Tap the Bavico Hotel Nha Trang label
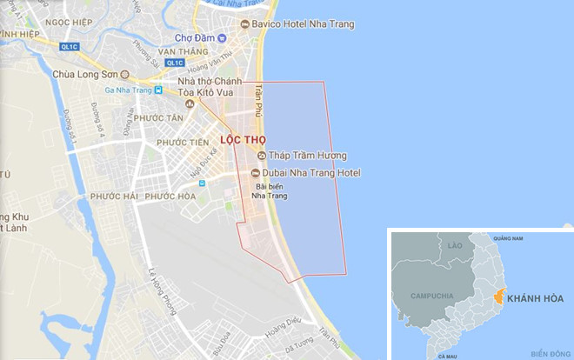point(303,24)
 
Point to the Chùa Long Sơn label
point(85,74)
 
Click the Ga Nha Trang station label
point(128,90)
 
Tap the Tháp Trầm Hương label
point(307,156)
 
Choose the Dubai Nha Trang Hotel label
point(305,173)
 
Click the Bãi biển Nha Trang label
point(270,190)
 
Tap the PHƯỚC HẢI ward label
point(113,196)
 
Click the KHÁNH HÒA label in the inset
point(535,298)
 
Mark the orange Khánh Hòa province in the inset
point(498,297)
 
